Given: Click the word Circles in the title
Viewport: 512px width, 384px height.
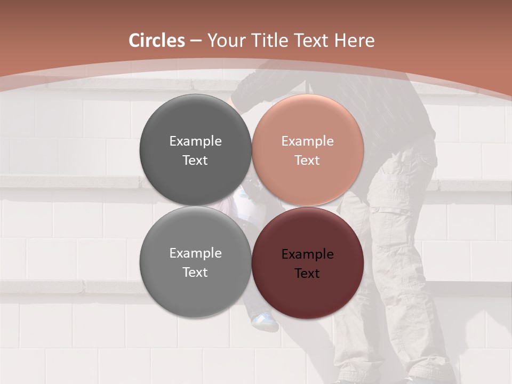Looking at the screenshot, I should pos(156,41).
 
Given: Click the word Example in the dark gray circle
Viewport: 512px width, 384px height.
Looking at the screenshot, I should pos(195,141).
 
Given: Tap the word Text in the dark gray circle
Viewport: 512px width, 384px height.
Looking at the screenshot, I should pos(195,161).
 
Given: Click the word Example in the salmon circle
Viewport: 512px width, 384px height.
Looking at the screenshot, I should pos(307,141).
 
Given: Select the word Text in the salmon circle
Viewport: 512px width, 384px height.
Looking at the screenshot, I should pos(307,161).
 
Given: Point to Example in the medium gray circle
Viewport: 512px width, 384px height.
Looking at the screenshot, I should pos(195,253).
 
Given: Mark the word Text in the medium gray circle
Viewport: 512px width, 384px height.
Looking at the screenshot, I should pos(195,273).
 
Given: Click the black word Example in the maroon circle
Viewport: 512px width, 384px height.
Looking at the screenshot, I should pos(307,254).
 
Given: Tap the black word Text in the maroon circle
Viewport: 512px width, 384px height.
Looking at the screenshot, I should pos(307,274).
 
